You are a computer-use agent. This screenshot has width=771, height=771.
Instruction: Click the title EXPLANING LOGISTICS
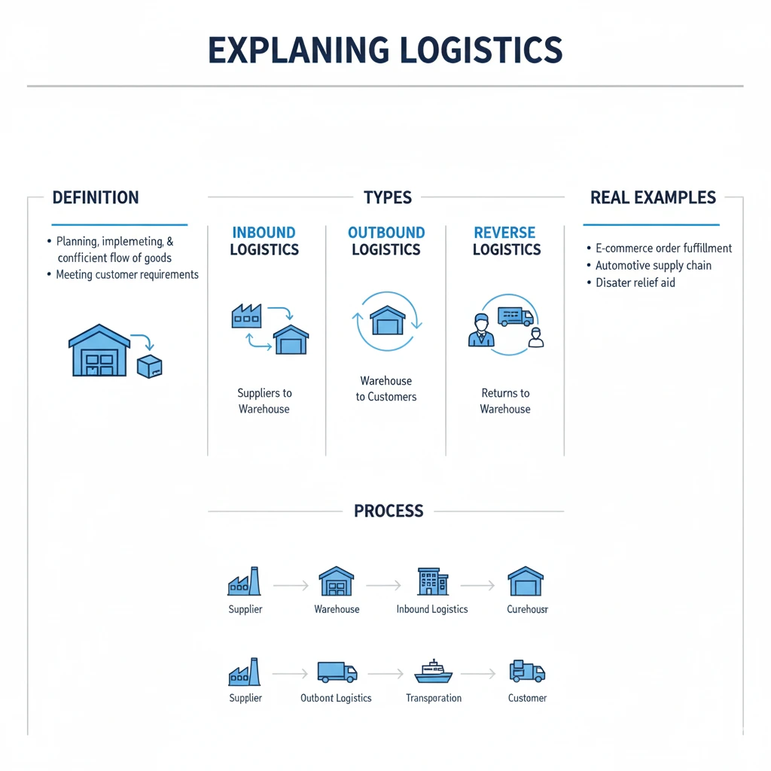click(x=385, y=50)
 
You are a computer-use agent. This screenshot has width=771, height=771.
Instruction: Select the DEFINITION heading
click(x=96, y=198)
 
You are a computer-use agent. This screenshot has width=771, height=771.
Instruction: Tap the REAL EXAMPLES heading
click(x=653, y=198)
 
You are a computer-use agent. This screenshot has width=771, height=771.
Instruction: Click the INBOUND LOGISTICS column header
click(x=264, y=241)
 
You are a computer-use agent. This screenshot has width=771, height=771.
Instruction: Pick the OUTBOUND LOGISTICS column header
click(x=386, y=241)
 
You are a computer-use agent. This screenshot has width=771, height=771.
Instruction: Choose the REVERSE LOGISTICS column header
click(x=506, y=241)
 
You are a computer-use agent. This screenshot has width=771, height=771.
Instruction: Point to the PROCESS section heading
click(x=389, y=511)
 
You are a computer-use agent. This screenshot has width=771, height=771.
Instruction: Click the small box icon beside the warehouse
click(x=149, y=367)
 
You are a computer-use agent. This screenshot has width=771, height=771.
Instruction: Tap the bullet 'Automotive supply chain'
click(x=653, y=265)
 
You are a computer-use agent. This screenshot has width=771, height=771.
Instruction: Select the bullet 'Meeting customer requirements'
click(x=127, y=275)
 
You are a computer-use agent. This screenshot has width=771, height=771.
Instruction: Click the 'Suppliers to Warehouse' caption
click(x=264, y=401)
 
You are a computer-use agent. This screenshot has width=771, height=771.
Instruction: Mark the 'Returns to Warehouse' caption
click(x=505, y=401)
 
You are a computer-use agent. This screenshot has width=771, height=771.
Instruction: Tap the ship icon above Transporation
click(x=433, y=671)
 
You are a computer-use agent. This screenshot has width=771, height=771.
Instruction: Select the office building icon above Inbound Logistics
click(x=432, y=582)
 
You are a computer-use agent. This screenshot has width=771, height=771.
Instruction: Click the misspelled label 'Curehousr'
click(x=527, y=609)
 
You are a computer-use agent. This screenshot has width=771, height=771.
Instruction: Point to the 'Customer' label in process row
click(x=527, y=698)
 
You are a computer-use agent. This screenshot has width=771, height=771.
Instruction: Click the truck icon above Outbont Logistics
click(x=337, y=672)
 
